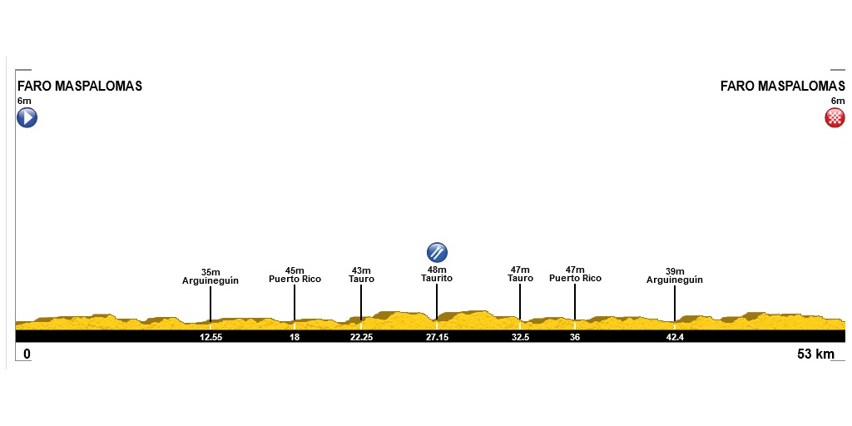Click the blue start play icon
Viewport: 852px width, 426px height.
27,117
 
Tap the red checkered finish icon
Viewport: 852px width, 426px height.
835,117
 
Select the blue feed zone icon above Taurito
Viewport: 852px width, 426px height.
437,253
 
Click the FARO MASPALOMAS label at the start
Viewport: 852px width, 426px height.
80,86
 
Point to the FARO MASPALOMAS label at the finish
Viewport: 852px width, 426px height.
782,86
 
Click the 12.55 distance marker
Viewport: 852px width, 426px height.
211,337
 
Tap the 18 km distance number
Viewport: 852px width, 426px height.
295,337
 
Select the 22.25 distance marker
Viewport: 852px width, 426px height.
361,337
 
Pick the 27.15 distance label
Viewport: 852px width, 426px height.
437,337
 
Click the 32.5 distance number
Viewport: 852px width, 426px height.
520,337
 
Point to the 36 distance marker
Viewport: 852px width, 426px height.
575,337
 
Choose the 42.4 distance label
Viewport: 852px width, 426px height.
674,337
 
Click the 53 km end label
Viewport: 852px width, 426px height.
815,354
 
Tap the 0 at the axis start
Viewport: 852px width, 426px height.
27,354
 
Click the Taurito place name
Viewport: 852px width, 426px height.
437,278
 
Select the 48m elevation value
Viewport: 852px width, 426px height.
437,270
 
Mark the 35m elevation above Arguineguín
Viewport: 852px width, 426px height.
211,272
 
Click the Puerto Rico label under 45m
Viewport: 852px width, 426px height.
295,280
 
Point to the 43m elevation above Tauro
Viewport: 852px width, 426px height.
361,270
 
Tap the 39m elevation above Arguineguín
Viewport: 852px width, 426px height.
674,271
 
